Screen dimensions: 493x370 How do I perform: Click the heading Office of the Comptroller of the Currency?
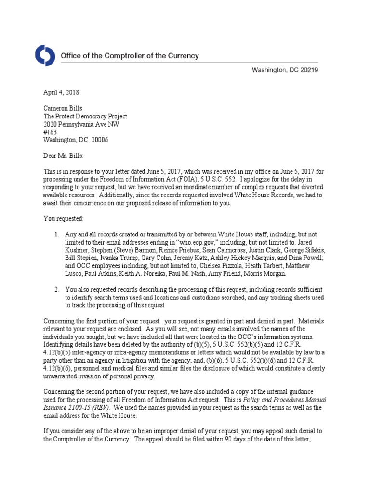[x=129, y=56]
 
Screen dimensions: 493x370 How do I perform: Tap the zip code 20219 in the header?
[x=308, y=70]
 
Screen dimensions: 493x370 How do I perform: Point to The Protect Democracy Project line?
[x=85, y=117]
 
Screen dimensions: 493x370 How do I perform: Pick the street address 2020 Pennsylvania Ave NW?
[x=82, y=124]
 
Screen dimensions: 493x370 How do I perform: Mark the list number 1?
[x=56, y=234]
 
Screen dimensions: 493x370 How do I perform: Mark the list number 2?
[x=56, y=289]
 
